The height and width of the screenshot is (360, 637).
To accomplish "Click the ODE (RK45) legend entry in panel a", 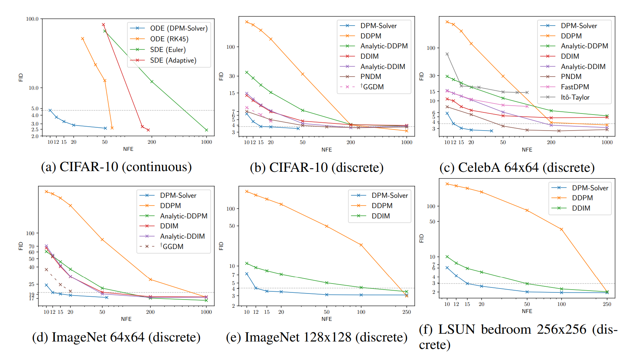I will [169, 39].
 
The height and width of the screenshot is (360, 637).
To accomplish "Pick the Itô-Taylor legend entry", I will [575, 97].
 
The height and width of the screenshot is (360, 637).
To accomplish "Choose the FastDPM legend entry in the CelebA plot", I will [574, 87].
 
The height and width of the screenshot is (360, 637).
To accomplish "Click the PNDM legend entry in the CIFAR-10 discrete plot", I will [370, 76].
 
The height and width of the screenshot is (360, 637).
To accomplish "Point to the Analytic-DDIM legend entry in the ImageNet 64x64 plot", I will [182, 236].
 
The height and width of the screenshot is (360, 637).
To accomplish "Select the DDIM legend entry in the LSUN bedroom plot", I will [581, 208].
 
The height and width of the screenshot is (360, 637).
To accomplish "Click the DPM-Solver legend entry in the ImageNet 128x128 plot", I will [390, 195].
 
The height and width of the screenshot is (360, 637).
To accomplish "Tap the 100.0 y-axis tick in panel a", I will [32, 19].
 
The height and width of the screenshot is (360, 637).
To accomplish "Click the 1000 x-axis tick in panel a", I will [207, 142].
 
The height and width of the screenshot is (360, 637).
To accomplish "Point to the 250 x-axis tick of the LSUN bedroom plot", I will [607, 304].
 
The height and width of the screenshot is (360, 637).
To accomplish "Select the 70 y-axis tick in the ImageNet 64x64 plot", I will [32, 246].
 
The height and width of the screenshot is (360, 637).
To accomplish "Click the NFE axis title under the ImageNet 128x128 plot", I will [327, 319].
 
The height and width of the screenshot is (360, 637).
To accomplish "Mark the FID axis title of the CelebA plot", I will [422, 76].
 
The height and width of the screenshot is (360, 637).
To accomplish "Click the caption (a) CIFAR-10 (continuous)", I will [116, 167].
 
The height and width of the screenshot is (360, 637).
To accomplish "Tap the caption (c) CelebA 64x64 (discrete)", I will [517, 168].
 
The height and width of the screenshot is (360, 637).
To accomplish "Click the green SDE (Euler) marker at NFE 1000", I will [207, 130].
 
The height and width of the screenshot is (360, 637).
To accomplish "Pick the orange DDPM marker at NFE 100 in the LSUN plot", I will [562, 229].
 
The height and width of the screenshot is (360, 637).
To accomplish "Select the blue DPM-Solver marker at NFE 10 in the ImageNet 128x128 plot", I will [247, 274].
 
